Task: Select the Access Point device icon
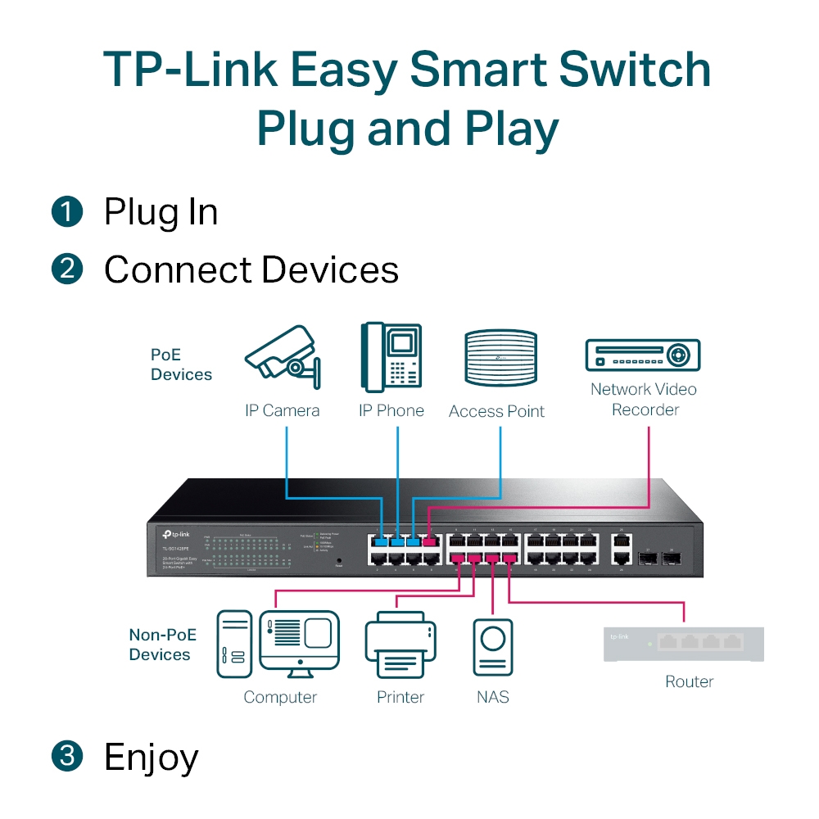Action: click(500, 358)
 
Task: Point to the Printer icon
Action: click(400, 646)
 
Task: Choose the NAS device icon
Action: click(493, 646)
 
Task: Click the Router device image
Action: click(683, 644)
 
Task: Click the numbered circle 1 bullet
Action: click(67, 212)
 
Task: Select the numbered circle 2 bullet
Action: click(67, 269)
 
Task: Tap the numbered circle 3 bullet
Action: click(67, 756)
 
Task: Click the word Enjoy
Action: click(152, 758)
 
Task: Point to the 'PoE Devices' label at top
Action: click(181, 365)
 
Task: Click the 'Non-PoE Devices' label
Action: click(160, 645)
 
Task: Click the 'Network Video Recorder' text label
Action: click(645, 399)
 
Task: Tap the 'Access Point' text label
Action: click(496, 412)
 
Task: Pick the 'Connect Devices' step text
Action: click(251, 270)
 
